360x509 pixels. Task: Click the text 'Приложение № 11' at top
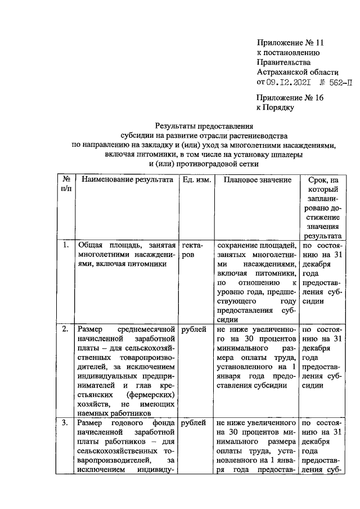291,42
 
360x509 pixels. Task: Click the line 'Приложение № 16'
291,98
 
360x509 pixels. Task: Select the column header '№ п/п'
66,184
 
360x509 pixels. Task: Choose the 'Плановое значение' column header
257,179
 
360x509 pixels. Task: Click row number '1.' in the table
65,245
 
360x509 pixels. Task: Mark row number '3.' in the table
65,422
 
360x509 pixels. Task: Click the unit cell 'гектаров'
192,250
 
